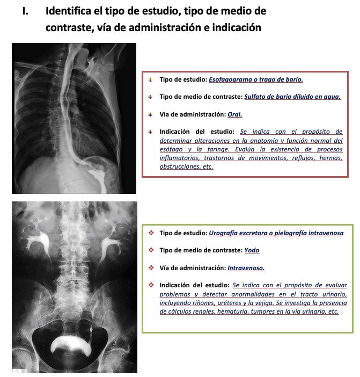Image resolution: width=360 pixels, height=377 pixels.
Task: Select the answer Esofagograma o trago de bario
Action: click(x=256, y=79)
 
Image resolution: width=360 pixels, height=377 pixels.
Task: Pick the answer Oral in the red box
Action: click(x=235, y=114)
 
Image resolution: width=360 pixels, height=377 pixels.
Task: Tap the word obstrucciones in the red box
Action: click(x=179, y=166)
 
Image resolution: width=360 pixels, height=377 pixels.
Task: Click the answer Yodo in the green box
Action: click(x=252, y=250)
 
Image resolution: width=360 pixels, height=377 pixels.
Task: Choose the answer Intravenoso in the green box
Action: click(x=246, y=267)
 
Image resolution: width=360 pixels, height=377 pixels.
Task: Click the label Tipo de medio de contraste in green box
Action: click(x=201, y=250)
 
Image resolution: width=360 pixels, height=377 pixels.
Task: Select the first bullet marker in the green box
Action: click(x=151, y=233)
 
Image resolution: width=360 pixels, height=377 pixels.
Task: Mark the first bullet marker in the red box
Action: click(x=151, y=79)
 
